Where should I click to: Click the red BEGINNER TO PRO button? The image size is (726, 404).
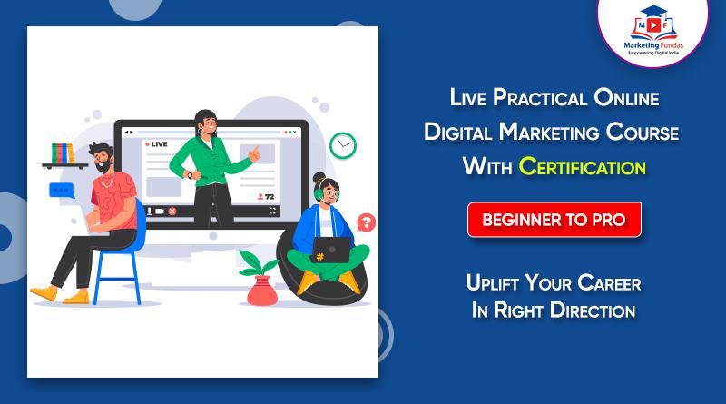[x=554, y=220]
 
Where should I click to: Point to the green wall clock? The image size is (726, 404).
[x=343, y=143]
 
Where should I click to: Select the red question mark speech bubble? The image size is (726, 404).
[x=366, y=222]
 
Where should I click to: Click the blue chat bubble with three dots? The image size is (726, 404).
[x=62, y=191]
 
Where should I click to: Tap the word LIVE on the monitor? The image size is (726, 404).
[x=159, y=143]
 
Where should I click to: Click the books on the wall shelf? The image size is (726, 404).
[x=63, y=152]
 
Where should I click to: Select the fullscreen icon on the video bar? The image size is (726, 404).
[x=271, y=211]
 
